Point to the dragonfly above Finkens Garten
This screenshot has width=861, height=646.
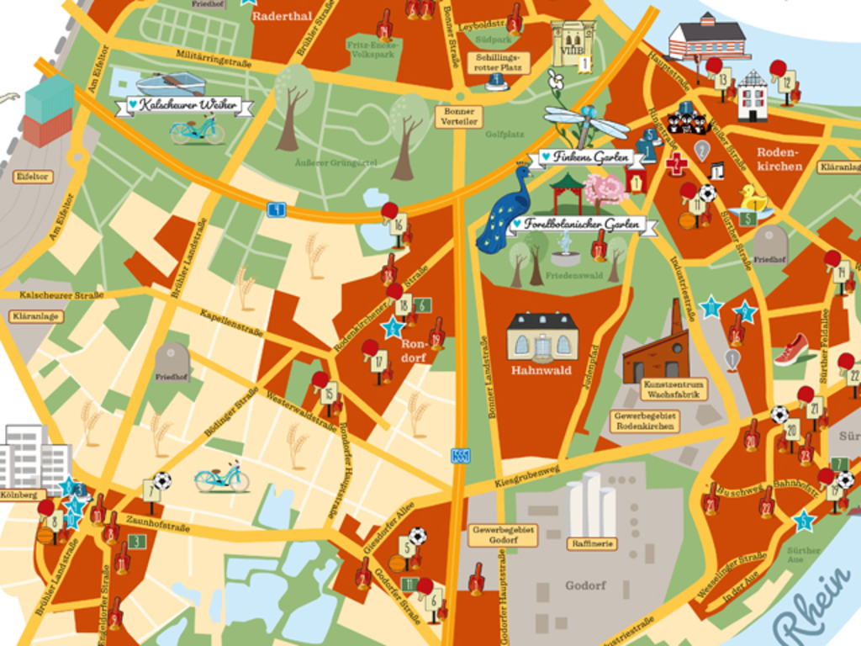(585, 122)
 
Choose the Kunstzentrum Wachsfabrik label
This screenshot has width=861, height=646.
(673, 389)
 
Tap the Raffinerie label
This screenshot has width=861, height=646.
(592, 544)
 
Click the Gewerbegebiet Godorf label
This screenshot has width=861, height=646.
(503, 536)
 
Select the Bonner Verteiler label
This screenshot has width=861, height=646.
(459, 117)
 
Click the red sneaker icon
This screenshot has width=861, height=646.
(791, 350)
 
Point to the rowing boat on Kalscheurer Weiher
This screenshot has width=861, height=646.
(171, 82)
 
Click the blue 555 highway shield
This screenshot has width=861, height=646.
(460, 456)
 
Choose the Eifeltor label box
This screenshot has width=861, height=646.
(33, 177)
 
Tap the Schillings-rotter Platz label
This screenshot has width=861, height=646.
(498, 61)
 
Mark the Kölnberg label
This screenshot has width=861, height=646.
(22, 495)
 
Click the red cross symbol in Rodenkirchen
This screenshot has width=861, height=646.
(676, 163)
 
